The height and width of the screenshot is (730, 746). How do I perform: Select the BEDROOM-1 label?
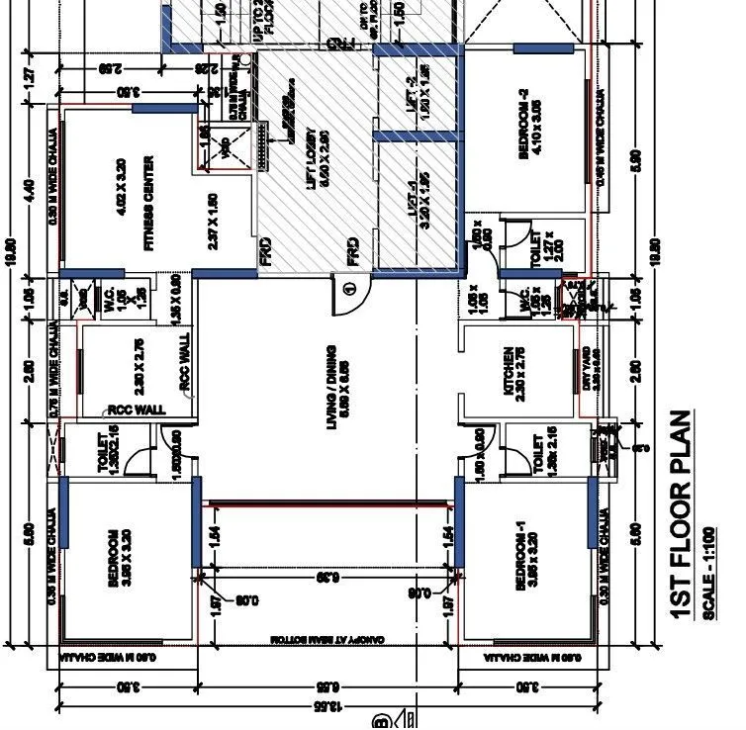(x=521, y=557)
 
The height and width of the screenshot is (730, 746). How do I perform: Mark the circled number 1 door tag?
(x=348, y=290)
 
